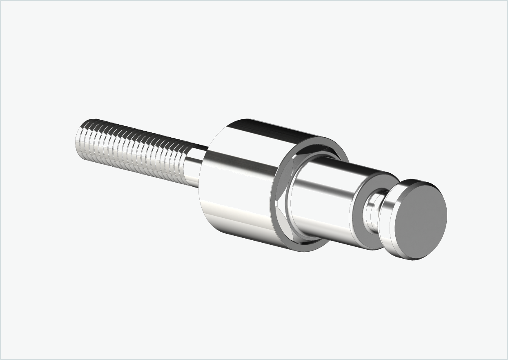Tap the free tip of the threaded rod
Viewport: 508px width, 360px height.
[78, 136]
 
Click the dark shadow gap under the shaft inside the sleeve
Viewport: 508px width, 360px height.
[310, 239]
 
